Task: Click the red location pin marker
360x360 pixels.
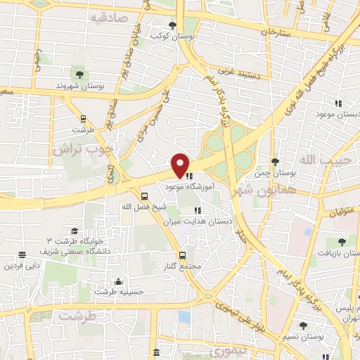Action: click(181, 165)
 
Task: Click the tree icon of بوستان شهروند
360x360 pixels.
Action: click(78, 73)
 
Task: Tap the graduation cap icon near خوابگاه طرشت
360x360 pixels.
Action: click(74, 231)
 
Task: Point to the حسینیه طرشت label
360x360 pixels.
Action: click(120, 292)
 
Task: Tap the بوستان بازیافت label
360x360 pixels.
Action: click(338, 252)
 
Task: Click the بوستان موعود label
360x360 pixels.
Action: click(338, 113)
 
